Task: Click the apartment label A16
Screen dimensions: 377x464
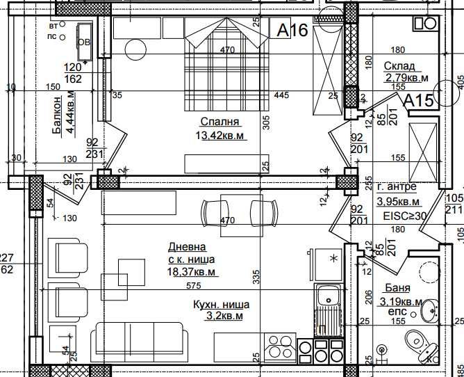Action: click(x=292, y=30)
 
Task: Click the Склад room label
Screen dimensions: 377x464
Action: click(x=399, y=66)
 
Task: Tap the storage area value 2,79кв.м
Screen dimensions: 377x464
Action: click(x=406, y=78)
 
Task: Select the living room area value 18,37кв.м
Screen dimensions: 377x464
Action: click(x=191, y=272)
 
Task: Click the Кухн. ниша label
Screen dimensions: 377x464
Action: click(x=220, y=304)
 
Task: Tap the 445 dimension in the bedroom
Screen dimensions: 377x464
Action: click(x=281, y=95)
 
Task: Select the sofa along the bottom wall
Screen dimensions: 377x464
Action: click(x=139, y=340)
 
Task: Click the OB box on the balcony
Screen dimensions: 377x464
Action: click(x=83, y=40)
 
